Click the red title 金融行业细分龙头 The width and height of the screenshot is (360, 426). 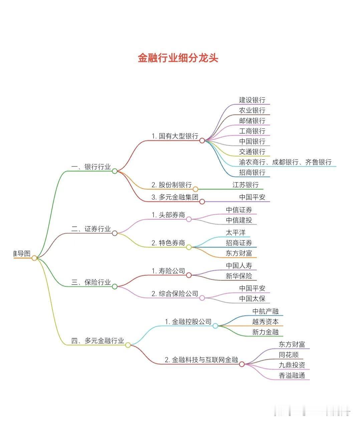click(178, 58)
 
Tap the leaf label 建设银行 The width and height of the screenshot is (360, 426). click(252, 100)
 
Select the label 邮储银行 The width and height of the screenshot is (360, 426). click(252, 121)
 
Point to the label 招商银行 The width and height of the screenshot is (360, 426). click(252, 172)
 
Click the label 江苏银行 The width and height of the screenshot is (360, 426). click(245, 185)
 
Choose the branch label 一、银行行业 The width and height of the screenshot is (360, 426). click(91, 167)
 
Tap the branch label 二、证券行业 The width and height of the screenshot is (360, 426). click(91, 229)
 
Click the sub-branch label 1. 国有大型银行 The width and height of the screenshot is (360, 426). click(175, 136)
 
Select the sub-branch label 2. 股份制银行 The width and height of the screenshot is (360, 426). click(171, 185)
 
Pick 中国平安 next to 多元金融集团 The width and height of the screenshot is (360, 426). click(252, 197)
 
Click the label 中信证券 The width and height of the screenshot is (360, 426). click(239, 210)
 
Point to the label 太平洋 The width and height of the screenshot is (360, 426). click(235, 232)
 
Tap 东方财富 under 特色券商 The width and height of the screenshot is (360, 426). click(239, 253)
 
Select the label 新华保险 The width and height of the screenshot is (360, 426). click(239, 276)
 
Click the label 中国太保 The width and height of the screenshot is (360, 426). click(252, 298)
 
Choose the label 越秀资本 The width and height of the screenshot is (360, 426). click(265, 322)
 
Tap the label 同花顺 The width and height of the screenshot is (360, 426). click(289, 355)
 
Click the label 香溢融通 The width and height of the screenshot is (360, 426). click(292, 375)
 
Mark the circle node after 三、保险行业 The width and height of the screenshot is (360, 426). click(115, 286)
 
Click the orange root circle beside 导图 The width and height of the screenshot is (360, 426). click(34, 258)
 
